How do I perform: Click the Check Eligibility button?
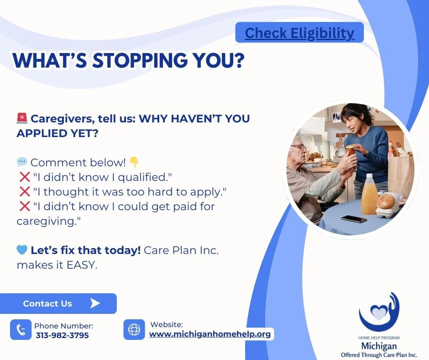[x=299, y=33]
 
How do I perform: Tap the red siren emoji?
[x=22, y=119]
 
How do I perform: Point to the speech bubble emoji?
[x=22, y=162]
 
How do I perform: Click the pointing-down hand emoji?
[x=134, y=162]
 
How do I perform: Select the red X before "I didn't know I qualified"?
[x=24, y=177]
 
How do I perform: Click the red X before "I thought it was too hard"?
[x=24, y=191]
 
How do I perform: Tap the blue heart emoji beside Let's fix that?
[x=22, y=250]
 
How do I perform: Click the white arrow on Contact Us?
[x=95, y=303]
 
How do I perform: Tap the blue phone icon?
[x=21, y=330]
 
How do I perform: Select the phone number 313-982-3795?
[x=62, y=335]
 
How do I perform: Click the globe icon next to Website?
[x=134, y=329]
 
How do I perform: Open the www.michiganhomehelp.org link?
[x=210, y=334]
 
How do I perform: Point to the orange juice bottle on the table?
[x=369, y=195]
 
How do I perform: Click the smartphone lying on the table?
[x=354, y=219]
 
